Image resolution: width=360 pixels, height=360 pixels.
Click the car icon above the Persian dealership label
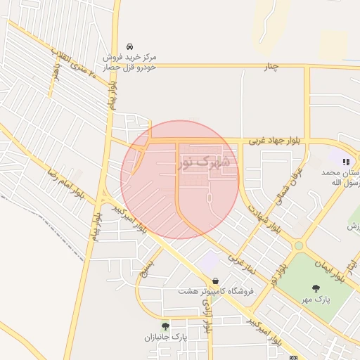coord(129,45)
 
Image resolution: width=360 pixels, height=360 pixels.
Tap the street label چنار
coord(271,66)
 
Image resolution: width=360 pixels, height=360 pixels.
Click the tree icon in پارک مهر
coord(315,288)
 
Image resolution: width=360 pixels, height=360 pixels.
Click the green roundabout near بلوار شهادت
coord(299,245)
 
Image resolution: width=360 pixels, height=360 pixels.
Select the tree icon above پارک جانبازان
coord(165,326)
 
